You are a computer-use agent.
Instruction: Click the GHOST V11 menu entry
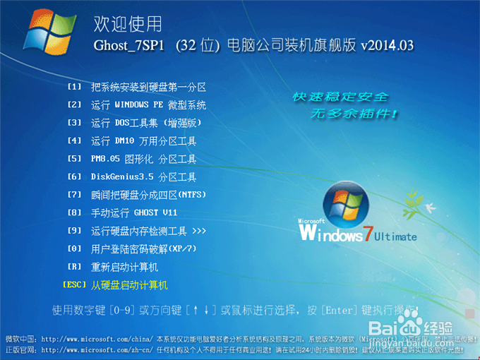click(126, 212)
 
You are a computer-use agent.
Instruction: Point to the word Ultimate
click(396, 236)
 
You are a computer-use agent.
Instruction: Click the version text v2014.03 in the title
click(387, 45)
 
